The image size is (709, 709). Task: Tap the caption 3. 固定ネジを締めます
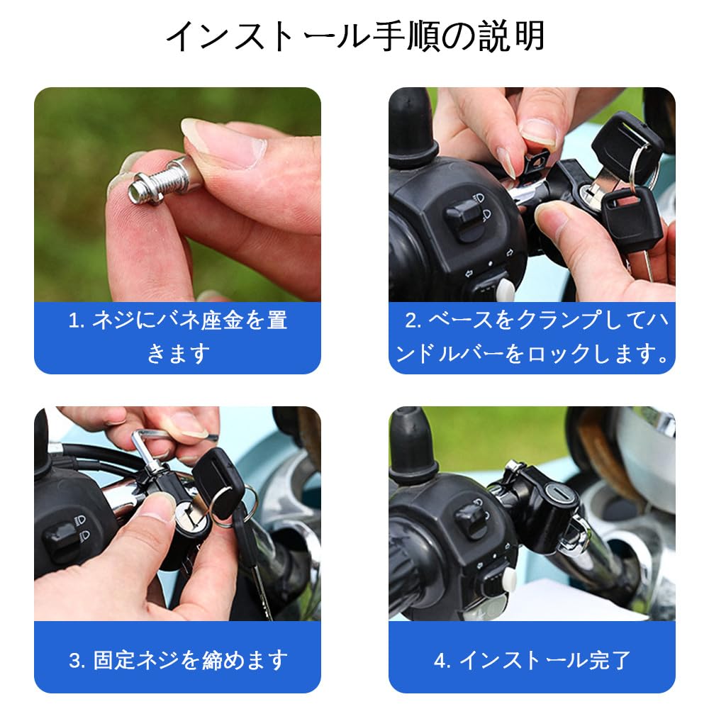[177, 660]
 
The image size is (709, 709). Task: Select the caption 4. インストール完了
[532, 660]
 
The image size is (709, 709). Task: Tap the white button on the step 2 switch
[506, 288]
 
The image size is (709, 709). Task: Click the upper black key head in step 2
[625, 145]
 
